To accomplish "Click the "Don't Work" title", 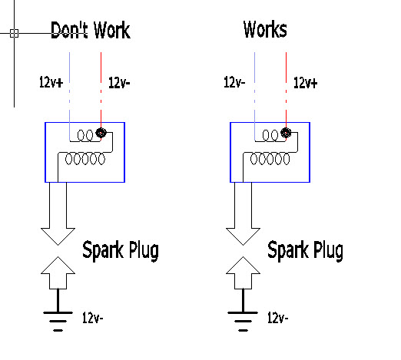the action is tap(91, 30).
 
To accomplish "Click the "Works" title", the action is tap(265, 29).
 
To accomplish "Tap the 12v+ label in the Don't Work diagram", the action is tap(51, 82).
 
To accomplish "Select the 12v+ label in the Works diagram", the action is tap(305, 83).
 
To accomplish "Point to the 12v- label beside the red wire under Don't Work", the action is tap(119, 83).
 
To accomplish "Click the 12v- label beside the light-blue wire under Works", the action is tap(234, 82).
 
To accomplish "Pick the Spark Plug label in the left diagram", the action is tap(121, 250).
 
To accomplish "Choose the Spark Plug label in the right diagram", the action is tap(305, 250).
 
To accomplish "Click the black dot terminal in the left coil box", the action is tap(101, 133).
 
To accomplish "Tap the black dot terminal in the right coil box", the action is tap(286, 133).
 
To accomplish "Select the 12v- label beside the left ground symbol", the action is tap(92, 318).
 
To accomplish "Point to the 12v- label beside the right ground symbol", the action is tap(278, 318).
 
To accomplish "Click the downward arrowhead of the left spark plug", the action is tap(58, 236).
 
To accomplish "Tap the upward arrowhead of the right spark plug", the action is tap(243, 265).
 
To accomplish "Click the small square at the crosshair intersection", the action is tap(14, 33).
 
